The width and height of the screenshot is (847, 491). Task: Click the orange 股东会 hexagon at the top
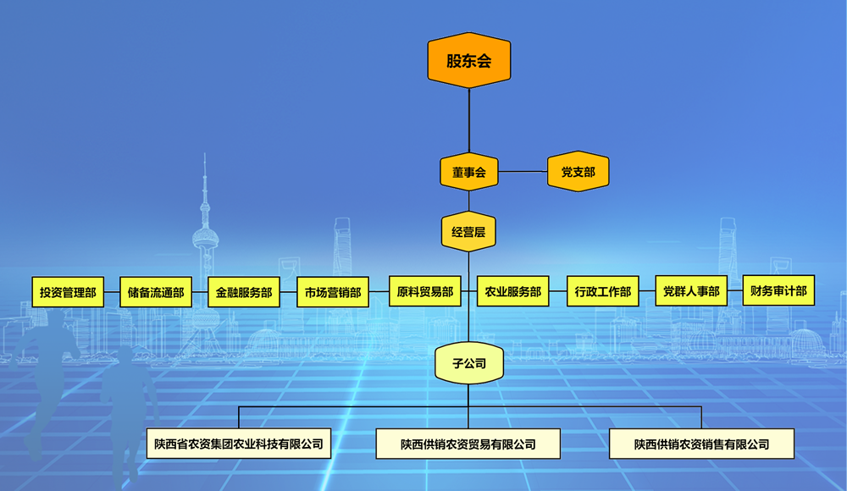tap(468, 61)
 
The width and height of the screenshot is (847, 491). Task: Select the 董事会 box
tap(468, 172)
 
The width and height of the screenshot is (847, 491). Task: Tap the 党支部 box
tap(578, 172)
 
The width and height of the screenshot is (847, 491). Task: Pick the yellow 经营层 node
tap(468, 231)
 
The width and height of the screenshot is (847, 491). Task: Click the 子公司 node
tap(468, 365)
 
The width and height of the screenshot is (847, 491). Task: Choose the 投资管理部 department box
tap(68, 292)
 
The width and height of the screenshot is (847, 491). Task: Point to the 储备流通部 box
tap(156, 292)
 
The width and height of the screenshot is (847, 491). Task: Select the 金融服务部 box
tap(244, 292)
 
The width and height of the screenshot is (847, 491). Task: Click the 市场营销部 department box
tap(333, 292)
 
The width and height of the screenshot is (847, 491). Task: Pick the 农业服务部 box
tap(513, 291)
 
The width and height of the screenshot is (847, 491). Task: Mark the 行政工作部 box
tap(602, 291)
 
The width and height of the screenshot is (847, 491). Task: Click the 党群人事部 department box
tap(691, 291)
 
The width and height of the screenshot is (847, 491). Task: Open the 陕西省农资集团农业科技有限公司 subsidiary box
tap(239, 444)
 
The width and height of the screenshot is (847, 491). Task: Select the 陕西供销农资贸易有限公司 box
tap(468, 444)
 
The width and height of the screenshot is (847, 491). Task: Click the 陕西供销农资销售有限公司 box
tap(701, 444)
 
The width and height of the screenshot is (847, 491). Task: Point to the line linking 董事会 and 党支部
tap(523, 172)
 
